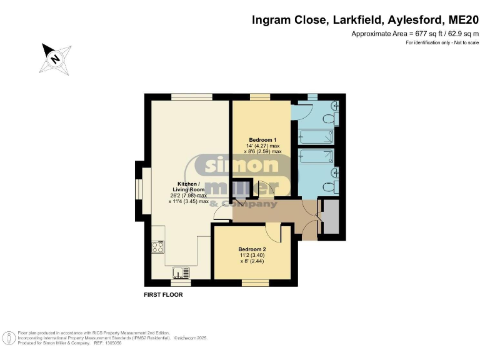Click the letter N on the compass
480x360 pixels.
pos(56,58)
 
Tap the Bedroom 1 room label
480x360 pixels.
pos(262,140)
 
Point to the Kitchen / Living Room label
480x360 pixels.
pos(189,187)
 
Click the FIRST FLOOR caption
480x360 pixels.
pos(163,295)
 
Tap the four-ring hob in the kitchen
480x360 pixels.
pos(158,247)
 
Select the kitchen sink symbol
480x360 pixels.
pos(181,272)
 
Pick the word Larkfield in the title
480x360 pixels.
pos(358,20)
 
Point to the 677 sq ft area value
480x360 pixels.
pos(427,34)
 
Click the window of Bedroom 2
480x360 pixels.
pos(255,283)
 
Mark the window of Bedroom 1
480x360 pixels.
pos(260,97)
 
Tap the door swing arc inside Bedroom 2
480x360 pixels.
pos(273,234)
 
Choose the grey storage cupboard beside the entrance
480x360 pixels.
pos(331,216)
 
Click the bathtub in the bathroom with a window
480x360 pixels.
pos(316,136)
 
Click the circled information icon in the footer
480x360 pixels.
pos(9,338)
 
